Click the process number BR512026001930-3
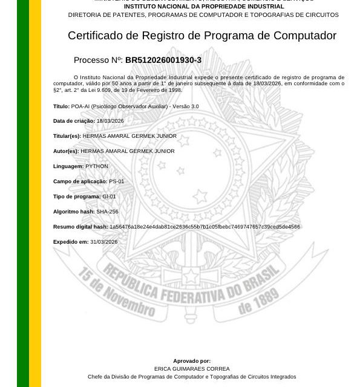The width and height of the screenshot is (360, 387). pyautogui.click(x=163, y=60)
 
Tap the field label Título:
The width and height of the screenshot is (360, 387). pyautogui.click(x=61, y=106)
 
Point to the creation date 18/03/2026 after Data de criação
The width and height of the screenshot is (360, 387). pyautogui.click(x=110, y=121)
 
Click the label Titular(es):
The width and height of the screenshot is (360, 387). pyautogui.click(x=67, y=136)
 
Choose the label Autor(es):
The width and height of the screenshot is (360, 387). pyautogui.click(x=66, y=151)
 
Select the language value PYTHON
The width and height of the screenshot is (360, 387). pyautogui.click(x=97, y=166)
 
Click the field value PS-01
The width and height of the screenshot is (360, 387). pyautogui.click(x=117, y=181)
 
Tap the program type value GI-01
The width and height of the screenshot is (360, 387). pyautogui.click(x=109, y=197)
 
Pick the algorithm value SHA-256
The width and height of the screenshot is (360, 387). pyautogui.click(x=107, y=212)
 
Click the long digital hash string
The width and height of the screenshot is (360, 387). pyautogui.click(x=205, y=227)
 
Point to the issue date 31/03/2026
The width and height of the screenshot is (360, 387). pyautogui.click(x=104, y=242)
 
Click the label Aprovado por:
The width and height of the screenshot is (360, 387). pyautogui.click(x=192, y=361)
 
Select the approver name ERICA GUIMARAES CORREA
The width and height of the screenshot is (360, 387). pyautogui.click(x=192, y=369)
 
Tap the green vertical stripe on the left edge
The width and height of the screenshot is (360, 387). pyautogui.click(x=22, y=193)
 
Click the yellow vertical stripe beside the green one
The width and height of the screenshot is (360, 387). pyautogui.click(x=35, y=193)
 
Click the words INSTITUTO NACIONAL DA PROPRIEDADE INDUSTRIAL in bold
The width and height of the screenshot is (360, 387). pyautogui.click(x=203, y=7)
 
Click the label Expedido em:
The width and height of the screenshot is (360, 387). pyautogui.click(x=71, y=242)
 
